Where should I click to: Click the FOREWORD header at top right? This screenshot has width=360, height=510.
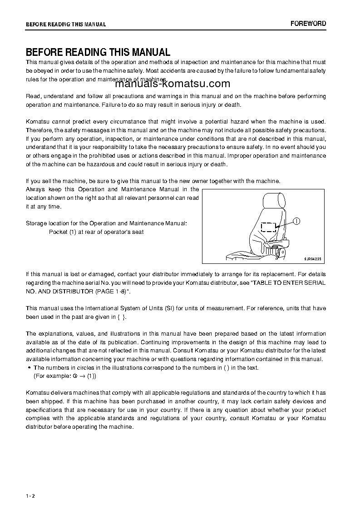point(308,24)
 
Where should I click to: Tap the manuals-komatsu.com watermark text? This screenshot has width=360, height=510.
point(166,84)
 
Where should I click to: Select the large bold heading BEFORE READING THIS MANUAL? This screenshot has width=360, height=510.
point(98,52)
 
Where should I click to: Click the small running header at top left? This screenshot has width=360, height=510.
point(66,24)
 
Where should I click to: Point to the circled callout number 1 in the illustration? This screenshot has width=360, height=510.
point(296,222)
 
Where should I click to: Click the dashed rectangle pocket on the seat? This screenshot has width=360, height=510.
point(269,227)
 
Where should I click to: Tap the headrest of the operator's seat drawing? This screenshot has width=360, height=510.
point(274,200)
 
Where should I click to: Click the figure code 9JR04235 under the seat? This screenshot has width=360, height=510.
point(312,259)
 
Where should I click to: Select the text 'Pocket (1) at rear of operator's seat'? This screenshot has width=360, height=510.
point(96,232)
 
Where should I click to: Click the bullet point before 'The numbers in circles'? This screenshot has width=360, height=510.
point(29,368)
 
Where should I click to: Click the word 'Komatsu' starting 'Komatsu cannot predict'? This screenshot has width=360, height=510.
point(39,122)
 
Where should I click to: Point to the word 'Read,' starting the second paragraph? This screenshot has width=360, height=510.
point(33,96)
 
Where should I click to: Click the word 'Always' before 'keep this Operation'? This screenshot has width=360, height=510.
point(35,189)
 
